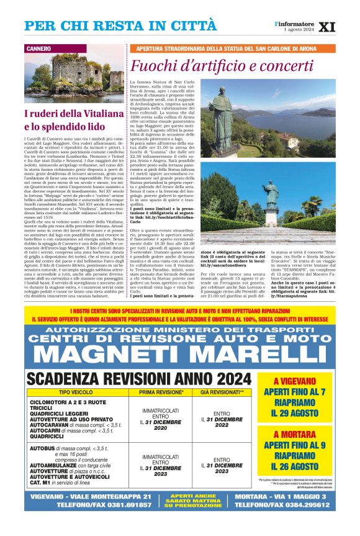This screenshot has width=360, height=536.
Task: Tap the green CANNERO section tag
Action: point(40,48)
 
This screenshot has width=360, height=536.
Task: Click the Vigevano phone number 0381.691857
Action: point(119,505)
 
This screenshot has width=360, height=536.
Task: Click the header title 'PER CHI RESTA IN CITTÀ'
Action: point(121,26)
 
